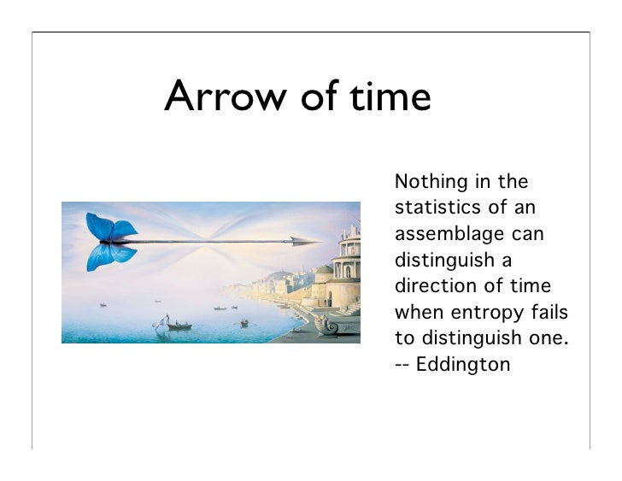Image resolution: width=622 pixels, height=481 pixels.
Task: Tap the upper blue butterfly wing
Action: coord(107,226)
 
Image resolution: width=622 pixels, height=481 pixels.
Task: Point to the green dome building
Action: coord(325,272)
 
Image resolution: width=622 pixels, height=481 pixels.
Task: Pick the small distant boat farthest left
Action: coord(103,304)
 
